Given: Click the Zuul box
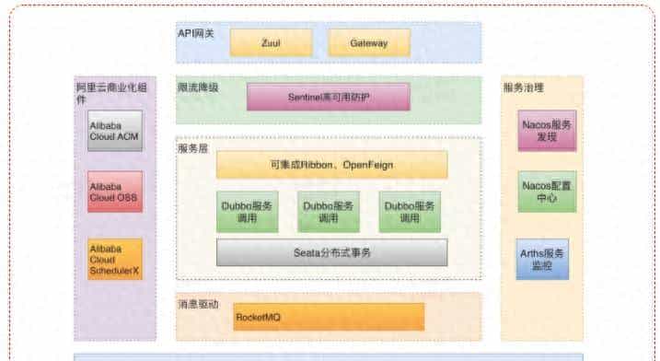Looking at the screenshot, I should point(271,42).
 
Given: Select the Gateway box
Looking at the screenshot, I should point(369,42).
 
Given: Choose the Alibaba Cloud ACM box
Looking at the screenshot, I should point(115,131).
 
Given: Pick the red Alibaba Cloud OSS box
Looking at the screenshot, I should point(115,192).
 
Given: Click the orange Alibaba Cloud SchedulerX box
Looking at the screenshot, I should point(115,259).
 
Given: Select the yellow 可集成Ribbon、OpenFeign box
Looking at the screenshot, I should point(331,165).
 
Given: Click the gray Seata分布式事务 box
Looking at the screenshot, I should point(331,251).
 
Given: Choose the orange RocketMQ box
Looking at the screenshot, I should point(329,317).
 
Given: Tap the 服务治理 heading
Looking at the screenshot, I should point(524,87).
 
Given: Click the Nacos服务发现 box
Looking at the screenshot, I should point(547,130).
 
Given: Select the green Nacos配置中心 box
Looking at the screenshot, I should point(547,191).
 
